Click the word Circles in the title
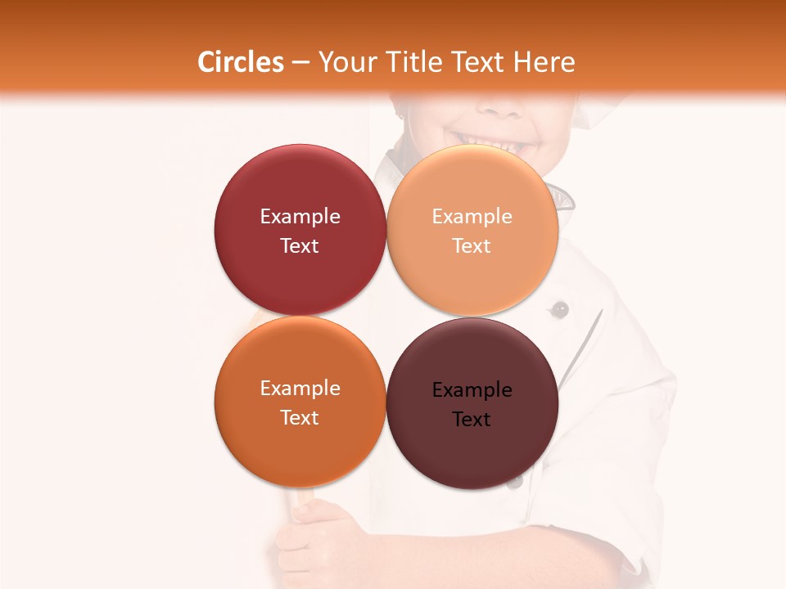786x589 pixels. [240, 62]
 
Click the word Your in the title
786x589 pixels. [345, 63]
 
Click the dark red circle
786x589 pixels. [300, 230]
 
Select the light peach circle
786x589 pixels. [472, 230]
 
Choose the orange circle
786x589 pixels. [300, 402]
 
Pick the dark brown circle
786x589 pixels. [472, 403]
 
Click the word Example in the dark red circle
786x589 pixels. [300, 217]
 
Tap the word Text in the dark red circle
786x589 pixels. [300, 245]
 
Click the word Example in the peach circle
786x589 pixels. [472, 217]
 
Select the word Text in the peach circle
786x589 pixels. [472, 245]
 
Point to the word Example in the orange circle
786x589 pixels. [300, 389]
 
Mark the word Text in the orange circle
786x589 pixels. [300, 417]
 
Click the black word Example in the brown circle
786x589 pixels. [472, 390]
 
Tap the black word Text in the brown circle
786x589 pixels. [472, 419]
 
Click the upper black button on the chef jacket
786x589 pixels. [560, 309]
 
